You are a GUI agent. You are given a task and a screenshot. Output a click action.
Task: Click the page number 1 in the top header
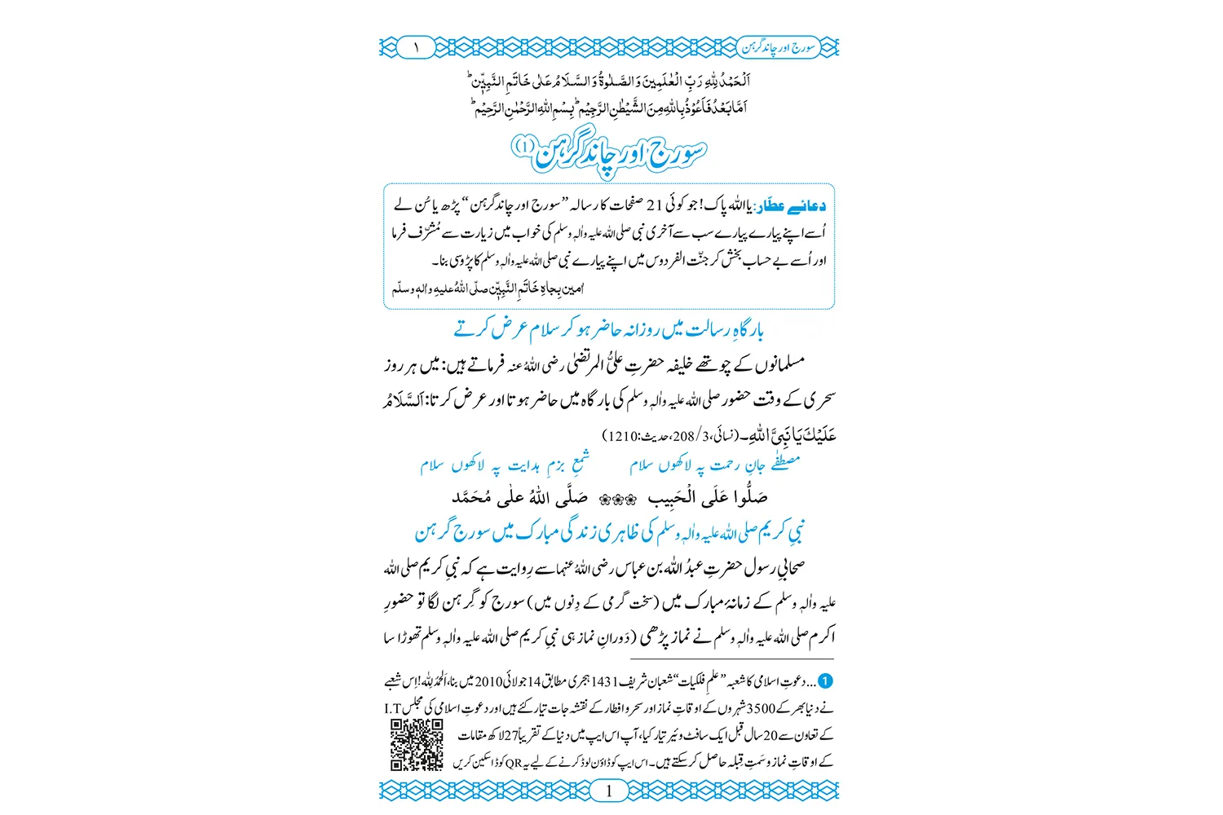pyautogui.click(x=416, y=48)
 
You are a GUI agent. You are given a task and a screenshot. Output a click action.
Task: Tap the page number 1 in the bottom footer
pyautogui.click(x=609, y=791)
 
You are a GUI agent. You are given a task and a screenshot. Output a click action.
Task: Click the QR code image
pyautogui.click(x=417, y=746)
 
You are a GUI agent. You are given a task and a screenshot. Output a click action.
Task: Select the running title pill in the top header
pyautogui.click(x=779, y=47)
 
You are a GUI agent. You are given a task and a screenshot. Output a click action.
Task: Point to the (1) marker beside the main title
pyautogui.click(x=523, y=147)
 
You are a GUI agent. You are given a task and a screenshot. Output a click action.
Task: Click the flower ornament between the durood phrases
pyautogui.click(x=617, y=499)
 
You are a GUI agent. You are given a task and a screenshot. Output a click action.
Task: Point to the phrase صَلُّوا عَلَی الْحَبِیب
pyautogui.click(x=707, y=497)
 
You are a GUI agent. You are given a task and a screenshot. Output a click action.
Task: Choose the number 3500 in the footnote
pyautogui.click(x=762, y=708)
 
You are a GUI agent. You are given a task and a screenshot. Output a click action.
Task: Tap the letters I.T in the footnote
pyautogui.click(x=394, y=708)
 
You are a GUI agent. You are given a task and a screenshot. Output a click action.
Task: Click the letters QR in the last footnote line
pyautogui.click(x=513, y=763)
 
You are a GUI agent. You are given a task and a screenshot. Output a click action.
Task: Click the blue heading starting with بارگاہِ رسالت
pyautogui.click(x=609, y=329)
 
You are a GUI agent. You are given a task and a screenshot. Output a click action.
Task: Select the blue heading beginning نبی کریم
pyautogui.click(x=609, y=532)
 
